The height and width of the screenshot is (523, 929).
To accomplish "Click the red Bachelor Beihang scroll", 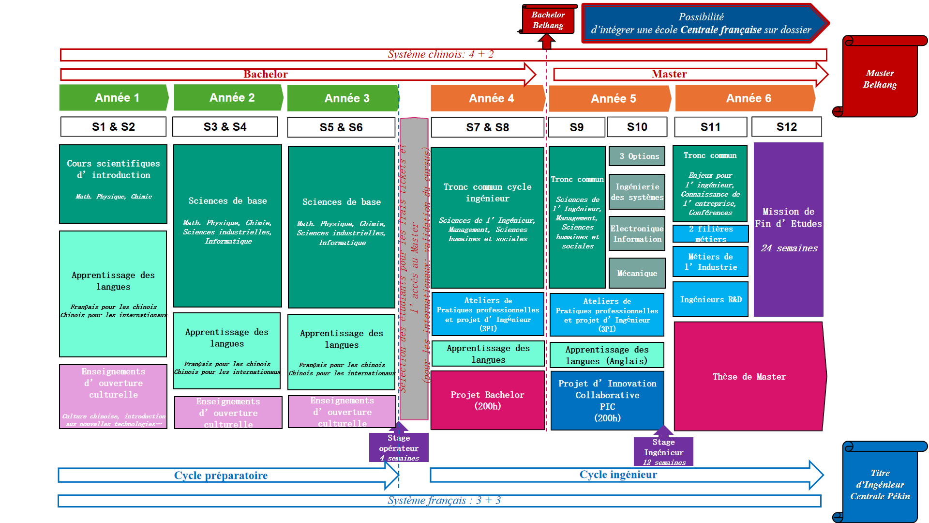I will click(x=548, y=20).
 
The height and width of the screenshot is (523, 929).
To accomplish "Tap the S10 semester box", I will click(x=637, y=127).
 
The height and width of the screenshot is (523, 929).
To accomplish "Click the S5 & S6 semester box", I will click(x=341, y=127).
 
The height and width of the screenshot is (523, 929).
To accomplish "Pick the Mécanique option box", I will click(x=637, y=273).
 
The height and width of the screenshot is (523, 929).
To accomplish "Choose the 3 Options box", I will click(x=637, y=156).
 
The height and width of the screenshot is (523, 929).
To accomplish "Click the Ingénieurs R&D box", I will click(x=710, y=299).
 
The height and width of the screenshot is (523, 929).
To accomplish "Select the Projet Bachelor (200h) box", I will click(x=487, y=400).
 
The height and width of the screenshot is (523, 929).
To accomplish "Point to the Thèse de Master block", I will click(x=749, y=376).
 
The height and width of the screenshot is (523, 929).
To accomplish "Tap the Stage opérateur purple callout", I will click(x=399, y=447).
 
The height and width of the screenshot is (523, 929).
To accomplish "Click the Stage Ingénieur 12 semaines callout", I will click(x=663, y=451).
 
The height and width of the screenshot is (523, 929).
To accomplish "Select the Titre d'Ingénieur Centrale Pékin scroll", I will click(x=880, y=484).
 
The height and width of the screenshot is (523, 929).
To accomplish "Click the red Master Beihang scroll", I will click(x=880, y=78).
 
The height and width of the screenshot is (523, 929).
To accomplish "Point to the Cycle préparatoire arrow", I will click(x=221, y=475).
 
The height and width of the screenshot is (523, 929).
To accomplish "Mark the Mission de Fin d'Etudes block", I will click(x=788, y=230).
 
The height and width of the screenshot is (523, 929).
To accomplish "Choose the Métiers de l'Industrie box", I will click(x=710, y=261).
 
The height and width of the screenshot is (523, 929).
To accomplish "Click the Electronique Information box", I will click(x=637, y=233).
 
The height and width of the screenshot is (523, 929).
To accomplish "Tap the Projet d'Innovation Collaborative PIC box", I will click(x=607, y=400).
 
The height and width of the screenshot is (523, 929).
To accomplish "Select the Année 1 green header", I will click(x=114, y=98).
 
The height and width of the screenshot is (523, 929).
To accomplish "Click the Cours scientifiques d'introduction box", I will click(x=113, y=184).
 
